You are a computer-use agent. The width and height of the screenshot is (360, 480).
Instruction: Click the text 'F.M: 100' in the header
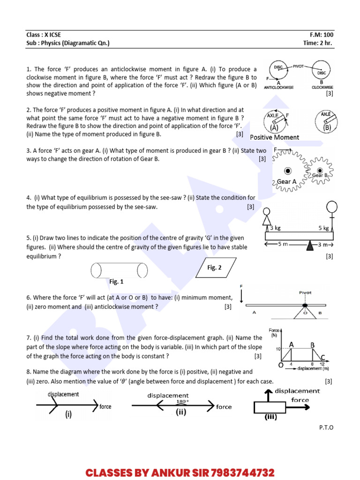(322, 35)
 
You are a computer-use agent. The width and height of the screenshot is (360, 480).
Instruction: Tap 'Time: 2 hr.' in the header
(318, 43)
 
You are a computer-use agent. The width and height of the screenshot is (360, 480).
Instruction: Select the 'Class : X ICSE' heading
(44, 35)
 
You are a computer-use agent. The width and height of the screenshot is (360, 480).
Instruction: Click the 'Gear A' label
(286, 182)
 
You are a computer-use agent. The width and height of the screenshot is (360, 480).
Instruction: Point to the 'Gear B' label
(321, 175)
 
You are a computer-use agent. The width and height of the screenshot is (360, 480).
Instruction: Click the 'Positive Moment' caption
(274, 137)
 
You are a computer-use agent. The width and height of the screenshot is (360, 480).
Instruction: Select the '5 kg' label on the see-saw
(324, 228)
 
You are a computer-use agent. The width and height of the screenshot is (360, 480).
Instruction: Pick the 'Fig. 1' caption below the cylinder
(116, 282)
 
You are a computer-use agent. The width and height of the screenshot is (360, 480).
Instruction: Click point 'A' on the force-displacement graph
(292, 345)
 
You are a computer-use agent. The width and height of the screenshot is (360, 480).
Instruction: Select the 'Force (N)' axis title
(275, 332)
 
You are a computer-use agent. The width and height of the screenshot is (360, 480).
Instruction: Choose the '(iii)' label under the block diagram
(271, 417)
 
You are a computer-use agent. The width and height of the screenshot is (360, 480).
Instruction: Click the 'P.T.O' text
(326, 427)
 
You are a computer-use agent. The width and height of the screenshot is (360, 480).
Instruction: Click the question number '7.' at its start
(29, 337)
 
